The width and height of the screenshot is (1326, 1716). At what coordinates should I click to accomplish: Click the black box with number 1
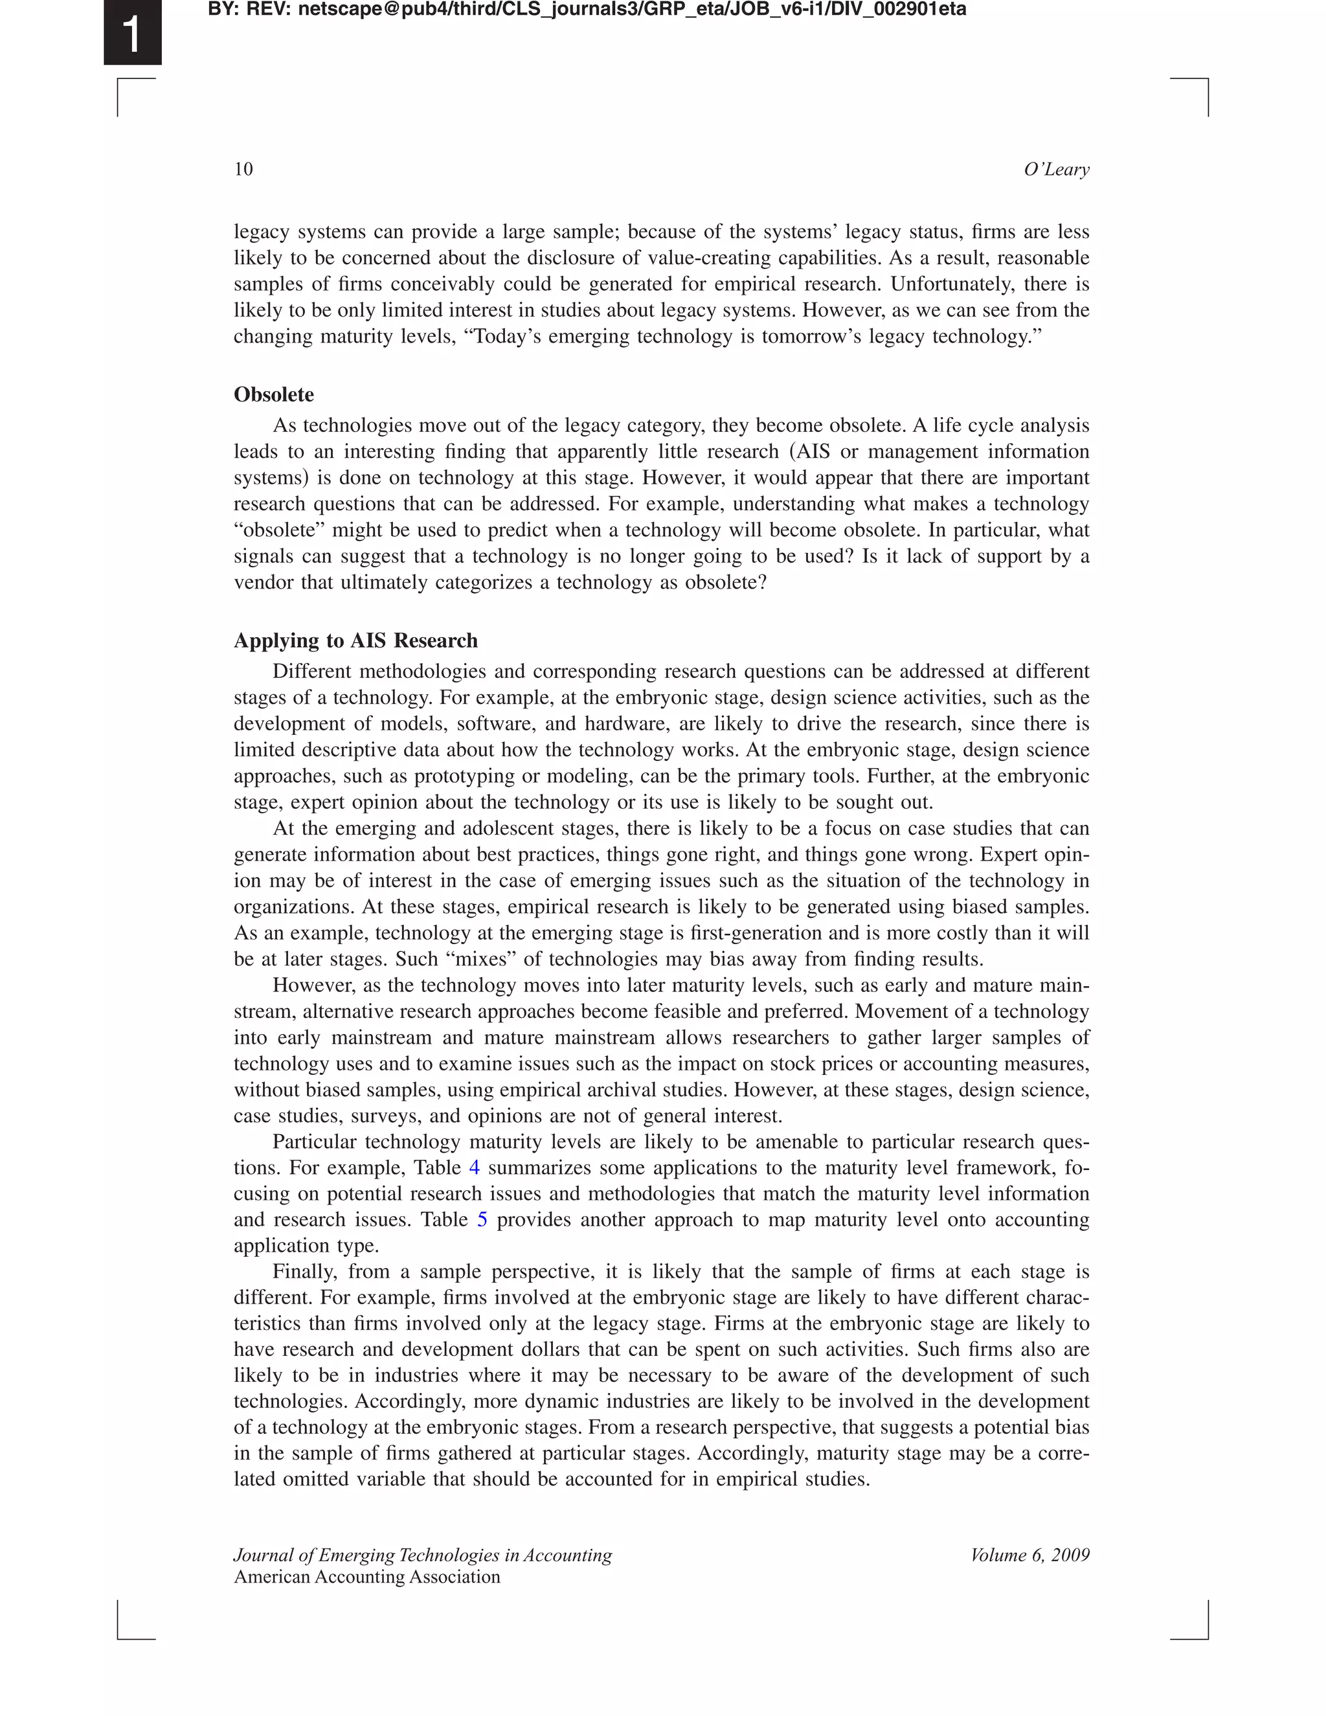tap(132, 32)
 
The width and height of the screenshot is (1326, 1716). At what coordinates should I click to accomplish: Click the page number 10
tap(243, 170)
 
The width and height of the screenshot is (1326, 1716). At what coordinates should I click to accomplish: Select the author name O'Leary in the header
tap(1056, 170)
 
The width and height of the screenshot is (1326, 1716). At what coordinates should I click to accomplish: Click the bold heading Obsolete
tap(273, 394)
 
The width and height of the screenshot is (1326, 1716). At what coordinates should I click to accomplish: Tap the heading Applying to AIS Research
tap(355, 640)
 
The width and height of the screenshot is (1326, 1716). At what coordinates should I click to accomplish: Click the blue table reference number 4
tap(474, 1168)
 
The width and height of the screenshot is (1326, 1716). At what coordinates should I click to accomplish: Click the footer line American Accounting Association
tap(367, 1577)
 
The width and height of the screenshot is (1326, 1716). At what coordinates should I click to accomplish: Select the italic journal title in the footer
tap(423, 1555)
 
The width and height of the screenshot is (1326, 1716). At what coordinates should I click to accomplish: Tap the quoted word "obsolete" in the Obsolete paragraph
tap(274, 530)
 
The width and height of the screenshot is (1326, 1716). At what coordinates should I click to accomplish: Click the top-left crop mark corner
tap(119, 80)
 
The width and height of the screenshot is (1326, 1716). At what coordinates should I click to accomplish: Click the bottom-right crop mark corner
tap(1207, 1638)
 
